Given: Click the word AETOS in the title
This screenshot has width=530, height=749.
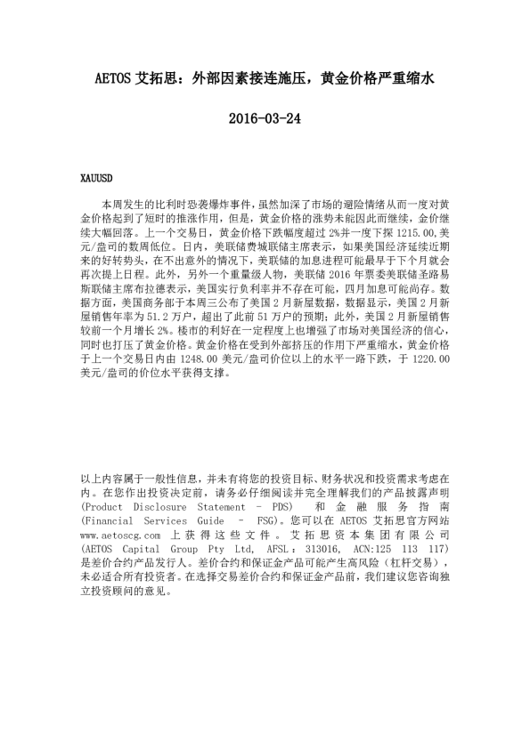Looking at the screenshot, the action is (112, 78).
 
